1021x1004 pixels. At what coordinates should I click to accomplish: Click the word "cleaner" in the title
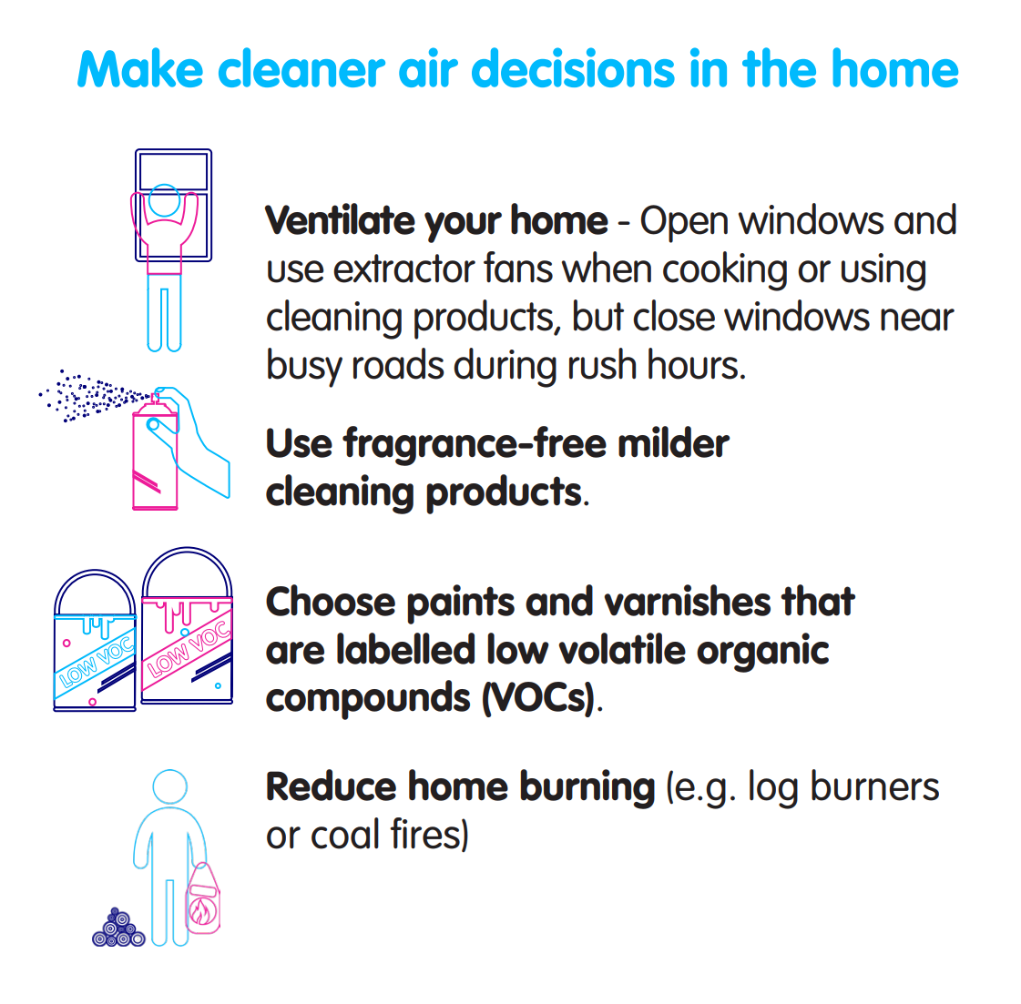click(301, 69)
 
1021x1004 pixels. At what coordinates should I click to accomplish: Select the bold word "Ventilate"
click(340, 220)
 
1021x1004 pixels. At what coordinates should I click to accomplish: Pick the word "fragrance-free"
click(475, 444)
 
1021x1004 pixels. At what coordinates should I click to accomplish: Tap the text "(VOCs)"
click(538, 698)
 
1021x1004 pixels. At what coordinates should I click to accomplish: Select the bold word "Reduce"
click(330, 786)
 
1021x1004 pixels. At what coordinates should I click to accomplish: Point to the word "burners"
click(874, 786)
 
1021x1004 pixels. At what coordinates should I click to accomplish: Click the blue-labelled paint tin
click(95, 642)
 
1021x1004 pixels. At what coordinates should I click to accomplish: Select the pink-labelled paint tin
click(187, 626)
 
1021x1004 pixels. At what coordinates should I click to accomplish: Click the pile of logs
click(118, 928)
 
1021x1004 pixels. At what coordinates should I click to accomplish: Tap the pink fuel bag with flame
click(203, 899)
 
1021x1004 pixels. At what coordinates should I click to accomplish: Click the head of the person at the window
click(163, 200)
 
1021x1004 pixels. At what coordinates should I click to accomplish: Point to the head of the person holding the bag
click(170, 786)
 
